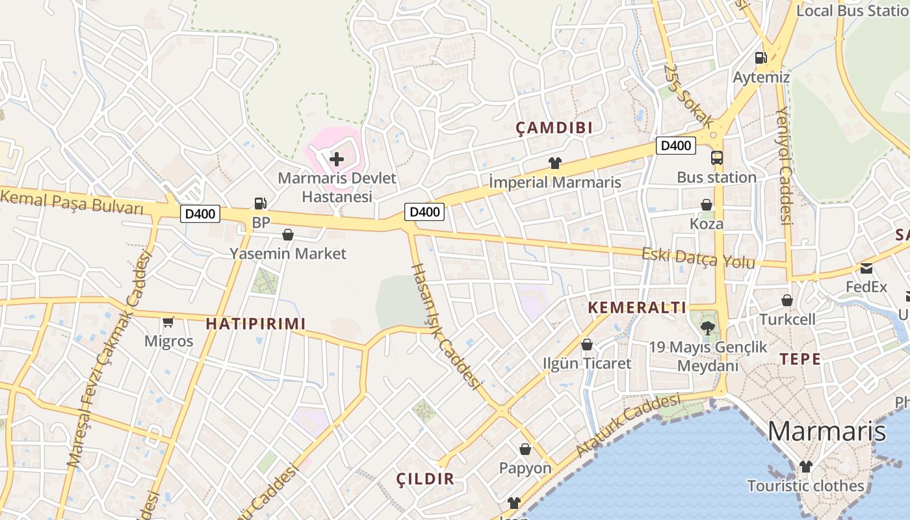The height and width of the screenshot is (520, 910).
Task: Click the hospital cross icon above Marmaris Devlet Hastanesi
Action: point(337,159)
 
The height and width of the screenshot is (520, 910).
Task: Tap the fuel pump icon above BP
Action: point(260,203)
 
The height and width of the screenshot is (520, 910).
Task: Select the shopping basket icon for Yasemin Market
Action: point(288,235)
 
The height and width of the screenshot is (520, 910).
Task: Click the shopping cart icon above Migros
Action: point(168,321)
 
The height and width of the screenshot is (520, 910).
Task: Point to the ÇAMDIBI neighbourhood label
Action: point(554,128)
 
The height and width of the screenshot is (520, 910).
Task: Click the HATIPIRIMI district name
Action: point(255,324)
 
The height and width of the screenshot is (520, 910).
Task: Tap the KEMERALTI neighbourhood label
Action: point(637,307)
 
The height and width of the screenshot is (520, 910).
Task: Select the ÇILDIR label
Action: point(425,479)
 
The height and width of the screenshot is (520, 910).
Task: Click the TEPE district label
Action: point(799,359)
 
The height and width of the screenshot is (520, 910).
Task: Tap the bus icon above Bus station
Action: point(716,158)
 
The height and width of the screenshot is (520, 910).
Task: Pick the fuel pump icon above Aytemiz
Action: point(760,58)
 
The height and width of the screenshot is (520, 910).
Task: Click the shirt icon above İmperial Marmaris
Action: point(554,163)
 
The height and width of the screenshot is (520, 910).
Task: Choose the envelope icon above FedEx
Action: point(866,268)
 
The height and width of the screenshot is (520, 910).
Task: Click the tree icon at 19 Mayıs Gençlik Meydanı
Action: point(707,328)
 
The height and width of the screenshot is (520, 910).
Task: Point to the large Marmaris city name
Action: point(827,431)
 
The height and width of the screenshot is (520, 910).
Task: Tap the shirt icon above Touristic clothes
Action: point(805,466)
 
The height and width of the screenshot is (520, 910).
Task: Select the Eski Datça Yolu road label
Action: point(698,258)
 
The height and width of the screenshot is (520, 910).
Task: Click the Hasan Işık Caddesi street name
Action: point(445,326)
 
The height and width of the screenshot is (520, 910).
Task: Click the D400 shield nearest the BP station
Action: point(200,214)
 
